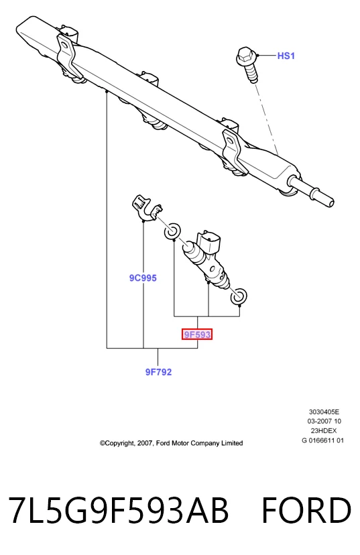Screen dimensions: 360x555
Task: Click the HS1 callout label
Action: tap(286, 56)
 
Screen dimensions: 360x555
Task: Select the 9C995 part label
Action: tap(143, 278)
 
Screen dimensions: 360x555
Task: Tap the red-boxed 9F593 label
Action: tap(197, 334)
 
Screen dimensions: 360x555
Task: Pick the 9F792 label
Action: tap(158, 372)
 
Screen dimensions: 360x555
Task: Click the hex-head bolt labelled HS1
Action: tap(247, 64)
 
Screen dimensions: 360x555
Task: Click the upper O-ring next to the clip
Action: tap(172, 231)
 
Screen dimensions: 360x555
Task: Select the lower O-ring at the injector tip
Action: tap(239, 296)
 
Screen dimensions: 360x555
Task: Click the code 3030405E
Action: tap(324, 412)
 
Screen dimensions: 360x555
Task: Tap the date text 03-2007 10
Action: tap(324, 421)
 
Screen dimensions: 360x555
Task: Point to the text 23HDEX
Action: tap(324, 431)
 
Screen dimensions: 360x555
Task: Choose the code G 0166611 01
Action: tap(322, 440)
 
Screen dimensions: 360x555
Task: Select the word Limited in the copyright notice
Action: tap(232, 443)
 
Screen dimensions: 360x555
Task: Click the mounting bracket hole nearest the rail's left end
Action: tap(65, 45)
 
